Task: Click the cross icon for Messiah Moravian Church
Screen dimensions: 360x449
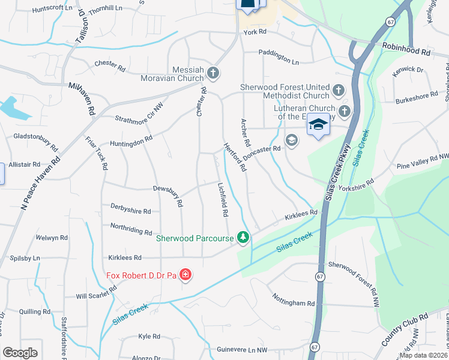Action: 212,74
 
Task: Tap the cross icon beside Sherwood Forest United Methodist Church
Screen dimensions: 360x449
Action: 338,91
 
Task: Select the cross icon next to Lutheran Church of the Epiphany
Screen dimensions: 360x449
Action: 345,111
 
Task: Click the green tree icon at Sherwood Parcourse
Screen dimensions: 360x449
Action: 243,238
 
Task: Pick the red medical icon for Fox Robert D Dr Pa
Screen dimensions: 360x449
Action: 185,275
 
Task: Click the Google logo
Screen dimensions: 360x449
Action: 20,352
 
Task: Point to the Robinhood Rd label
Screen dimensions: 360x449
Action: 406,52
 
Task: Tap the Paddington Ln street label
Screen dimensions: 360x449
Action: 279,61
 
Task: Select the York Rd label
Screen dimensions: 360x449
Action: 254,33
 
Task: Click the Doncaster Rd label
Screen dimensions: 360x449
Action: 265,148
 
